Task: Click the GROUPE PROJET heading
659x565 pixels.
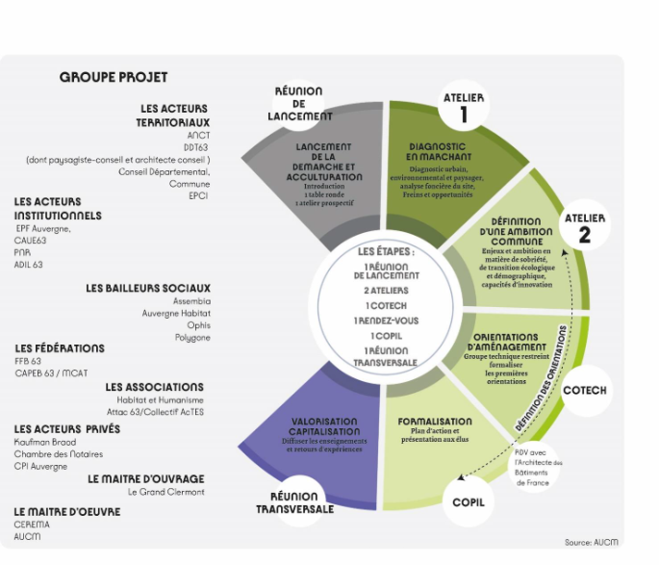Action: point(114,77)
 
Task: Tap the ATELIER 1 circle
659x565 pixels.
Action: point(464,108)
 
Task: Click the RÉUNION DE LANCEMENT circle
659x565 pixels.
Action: point(299,104)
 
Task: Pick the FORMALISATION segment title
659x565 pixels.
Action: point(435,422)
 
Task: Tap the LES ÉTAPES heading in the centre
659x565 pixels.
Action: point(386,251)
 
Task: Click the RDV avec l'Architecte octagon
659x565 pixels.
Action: point(539,467)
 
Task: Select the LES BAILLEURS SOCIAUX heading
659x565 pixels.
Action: point(147,288)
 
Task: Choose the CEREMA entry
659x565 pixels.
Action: point(31,525)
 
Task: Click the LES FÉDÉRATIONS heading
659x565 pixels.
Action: point(60,348)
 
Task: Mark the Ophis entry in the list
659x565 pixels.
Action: point(197,325)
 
